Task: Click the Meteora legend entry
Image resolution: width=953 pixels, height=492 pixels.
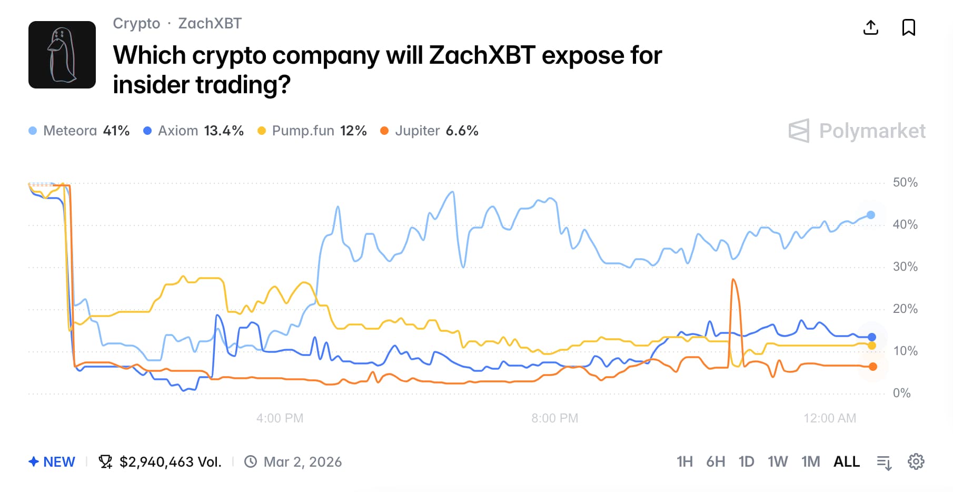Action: point(79,131)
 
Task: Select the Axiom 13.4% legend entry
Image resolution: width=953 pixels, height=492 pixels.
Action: point(194,131)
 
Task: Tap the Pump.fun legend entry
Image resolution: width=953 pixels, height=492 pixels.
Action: point(312,131)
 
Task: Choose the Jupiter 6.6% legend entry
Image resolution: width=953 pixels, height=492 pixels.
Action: point(430,131)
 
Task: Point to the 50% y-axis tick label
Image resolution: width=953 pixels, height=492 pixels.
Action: point(905,183)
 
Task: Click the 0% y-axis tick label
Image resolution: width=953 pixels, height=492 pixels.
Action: point(901,393)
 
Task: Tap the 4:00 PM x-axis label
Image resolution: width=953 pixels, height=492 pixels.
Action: point(280,418)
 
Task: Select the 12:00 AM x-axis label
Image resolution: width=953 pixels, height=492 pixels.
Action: point(829,418)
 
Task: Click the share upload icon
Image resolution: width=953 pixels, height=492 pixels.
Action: point(871,27)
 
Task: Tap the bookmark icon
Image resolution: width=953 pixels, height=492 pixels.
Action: point(909,27)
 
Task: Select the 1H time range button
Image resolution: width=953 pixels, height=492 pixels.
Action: point(684,462)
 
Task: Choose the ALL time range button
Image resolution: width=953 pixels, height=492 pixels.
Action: point(846,462)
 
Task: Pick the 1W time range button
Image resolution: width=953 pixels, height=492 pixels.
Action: point(777,462)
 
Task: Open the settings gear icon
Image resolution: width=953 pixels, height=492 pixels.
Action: point(916,462)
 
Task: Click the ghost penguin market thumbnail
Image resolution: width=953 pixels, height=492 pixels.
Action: point(62,55)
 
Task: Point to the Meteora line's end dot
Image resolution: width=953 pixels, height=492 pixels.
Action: point(871,215)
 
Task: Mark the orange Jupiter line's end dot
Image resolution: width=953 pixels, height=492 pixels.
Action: point(873,367)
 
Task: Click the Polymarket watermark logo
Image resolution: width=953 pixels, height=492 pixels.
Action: point(857,131)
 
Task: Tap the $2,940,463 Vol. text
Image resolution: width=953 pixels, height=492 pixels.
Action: point(170,462)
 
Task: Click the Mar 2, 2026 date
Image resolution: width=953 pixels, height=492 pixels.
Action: point(302,462)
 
